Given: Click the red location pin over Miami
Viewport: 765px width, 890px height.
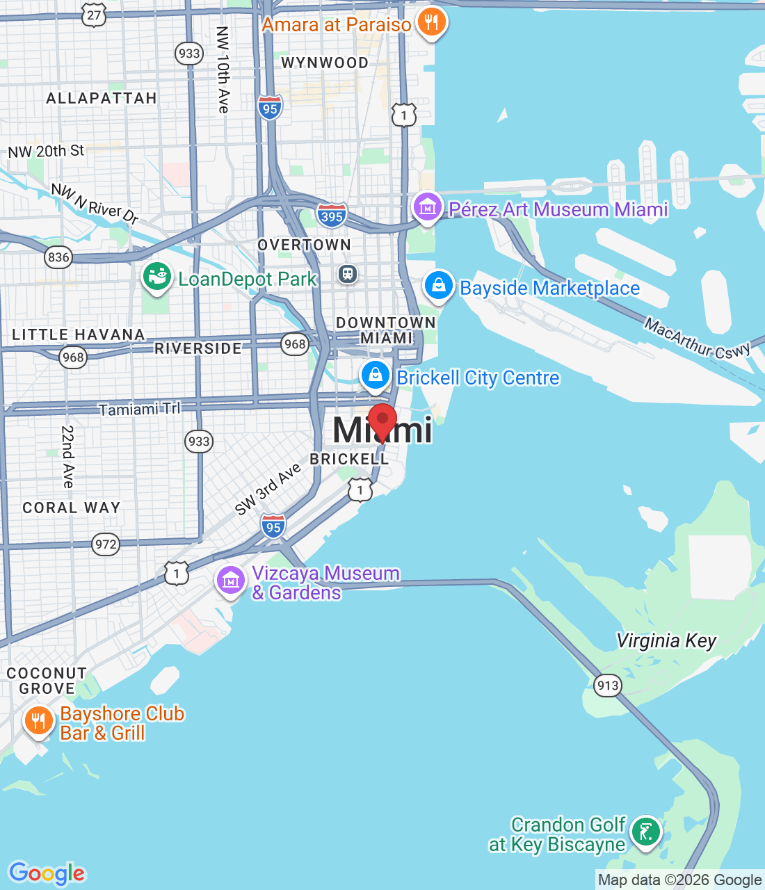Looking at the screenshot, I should pyautogui.click(x=382, y=421).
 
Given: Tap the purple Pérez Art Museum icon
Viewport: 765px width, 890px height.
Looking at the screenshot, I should pyautogui.click(x=427, y=207).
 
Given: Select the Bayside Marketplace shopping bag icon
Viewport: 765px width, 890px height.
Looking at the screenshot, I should pyautogui.click(x=439, y=286).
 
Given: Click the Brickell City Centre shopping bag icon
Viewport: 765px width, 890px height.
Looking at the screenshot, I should pyautogui.click(x=376, y=375).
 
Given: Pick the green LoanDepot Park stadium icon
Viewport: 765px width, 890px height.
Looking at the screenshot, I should pyautogui.click(x=157, y=277).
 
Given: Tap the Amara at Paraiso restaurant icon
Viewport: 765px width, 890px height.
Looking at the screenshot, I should pyautogui.click(x=431, y=23).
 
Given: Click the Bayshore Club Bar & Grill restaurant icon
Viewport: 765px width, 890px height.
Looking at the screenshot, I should pyautogui.click(x=39, y=721).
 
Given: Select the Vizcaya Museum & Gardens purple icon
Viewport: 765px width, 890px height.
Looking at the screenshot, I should pyautogui.click(x=230, y=580).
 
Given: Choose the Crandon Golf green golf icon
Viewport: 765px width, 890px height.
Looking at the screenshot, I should pyautogui.click(x=645, y=832).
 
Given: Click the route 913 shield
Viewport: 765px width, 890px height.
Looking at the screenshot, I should pyautogui.click(x=607, y=686).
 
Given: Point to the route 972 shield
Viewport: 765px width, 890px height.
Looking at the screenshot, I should pyautogui.click(x=106, y=544).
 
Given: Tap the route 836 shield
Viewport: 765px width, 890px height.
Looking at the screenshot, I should pyautogui.click(x=58, y=257).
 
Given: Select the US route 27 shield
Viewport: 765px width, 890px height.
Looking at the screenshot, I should pyautogui.click(x=94, y=15).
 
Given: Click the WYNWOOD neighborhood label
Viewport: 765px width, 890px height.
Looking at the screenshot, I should pyautogui.click(x=325, y=63).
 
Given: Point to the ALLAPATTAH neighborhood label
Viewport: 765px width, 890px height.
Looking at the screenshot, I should pyautogui.click(x=102, y=98).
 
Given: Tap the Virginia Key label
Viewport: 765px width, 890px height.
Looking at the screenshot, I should pyautogui.click(x=666, y=640).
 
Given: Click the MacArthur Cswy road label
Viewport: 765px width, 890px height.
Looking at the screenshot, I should pyautogui.click(x=697, y=338).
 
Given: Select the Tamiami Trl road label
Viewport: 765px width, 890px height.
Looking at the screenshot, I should pyautogui.click(x=139, y=409).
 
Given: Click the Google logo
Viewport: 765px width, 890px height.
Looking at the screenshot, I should pyautogui.click(x=47, y=873).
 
